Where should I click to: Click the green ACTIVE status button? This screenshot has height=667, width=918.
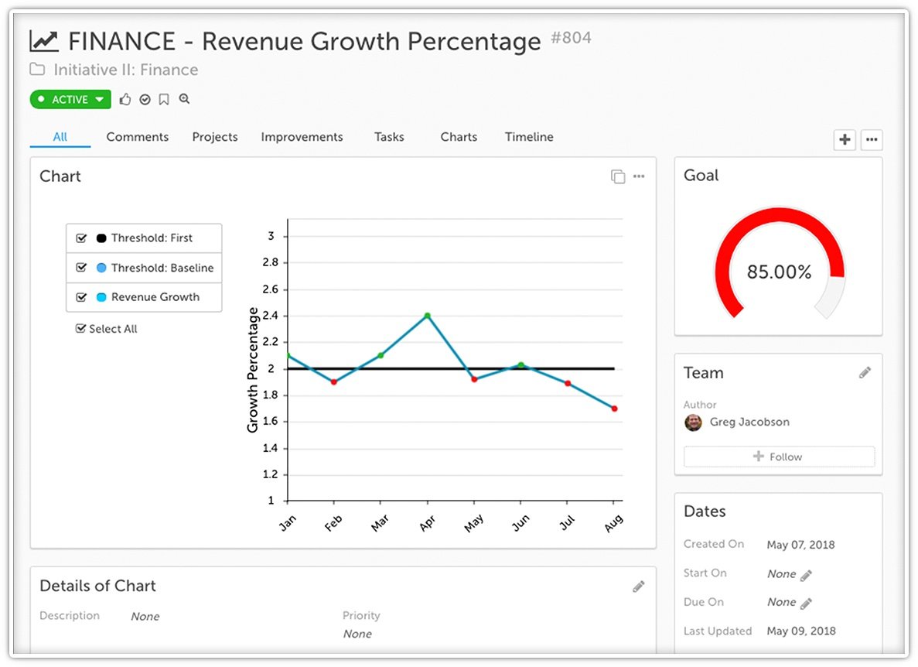tap(70, 100)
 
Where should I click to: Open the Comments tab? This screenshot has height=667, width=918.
tap(137, 137)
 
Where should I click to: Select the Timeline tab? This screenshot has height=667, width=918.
tap(529, 137)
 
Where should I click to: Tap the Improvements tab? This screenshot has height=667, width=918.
tap(302, 137)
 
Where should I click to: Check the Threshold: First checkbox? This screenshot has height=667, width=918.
tap(81, 238)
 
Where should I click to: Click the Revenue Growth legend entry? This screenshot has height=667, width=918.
tap(155, 297)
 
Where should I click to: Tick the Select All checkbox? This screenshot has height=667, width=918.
tap(80, 329)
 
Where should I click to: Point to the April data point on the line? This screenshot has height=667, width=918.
tap(427, 316)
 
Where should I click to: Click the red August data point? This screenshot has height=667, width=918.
tap(614, 409)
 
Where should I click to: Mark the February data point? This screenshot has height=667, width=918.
tap(333, 381)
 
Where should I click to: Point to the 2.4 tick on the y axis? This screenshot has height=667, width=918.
tap(271, 316)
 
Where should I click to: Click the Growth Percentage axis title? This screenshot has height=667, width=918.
tap(253, 370)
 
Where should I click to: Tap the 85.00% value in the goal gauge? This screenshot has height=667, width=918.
tap(779, 272)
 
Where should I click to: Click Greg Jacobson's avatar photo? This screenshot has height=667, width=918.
tap(694, 422)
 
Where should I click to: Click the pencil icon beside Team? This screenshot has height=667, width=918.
tap(865, 373)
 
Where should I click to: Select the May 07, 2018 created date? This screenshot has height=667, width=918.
tap(800, 545)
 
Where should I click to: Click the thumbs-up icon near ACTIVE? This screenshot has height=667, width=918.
tap(125, 100)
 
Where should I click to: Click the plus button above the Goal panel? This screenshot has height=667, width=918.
tap(845, 140)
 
